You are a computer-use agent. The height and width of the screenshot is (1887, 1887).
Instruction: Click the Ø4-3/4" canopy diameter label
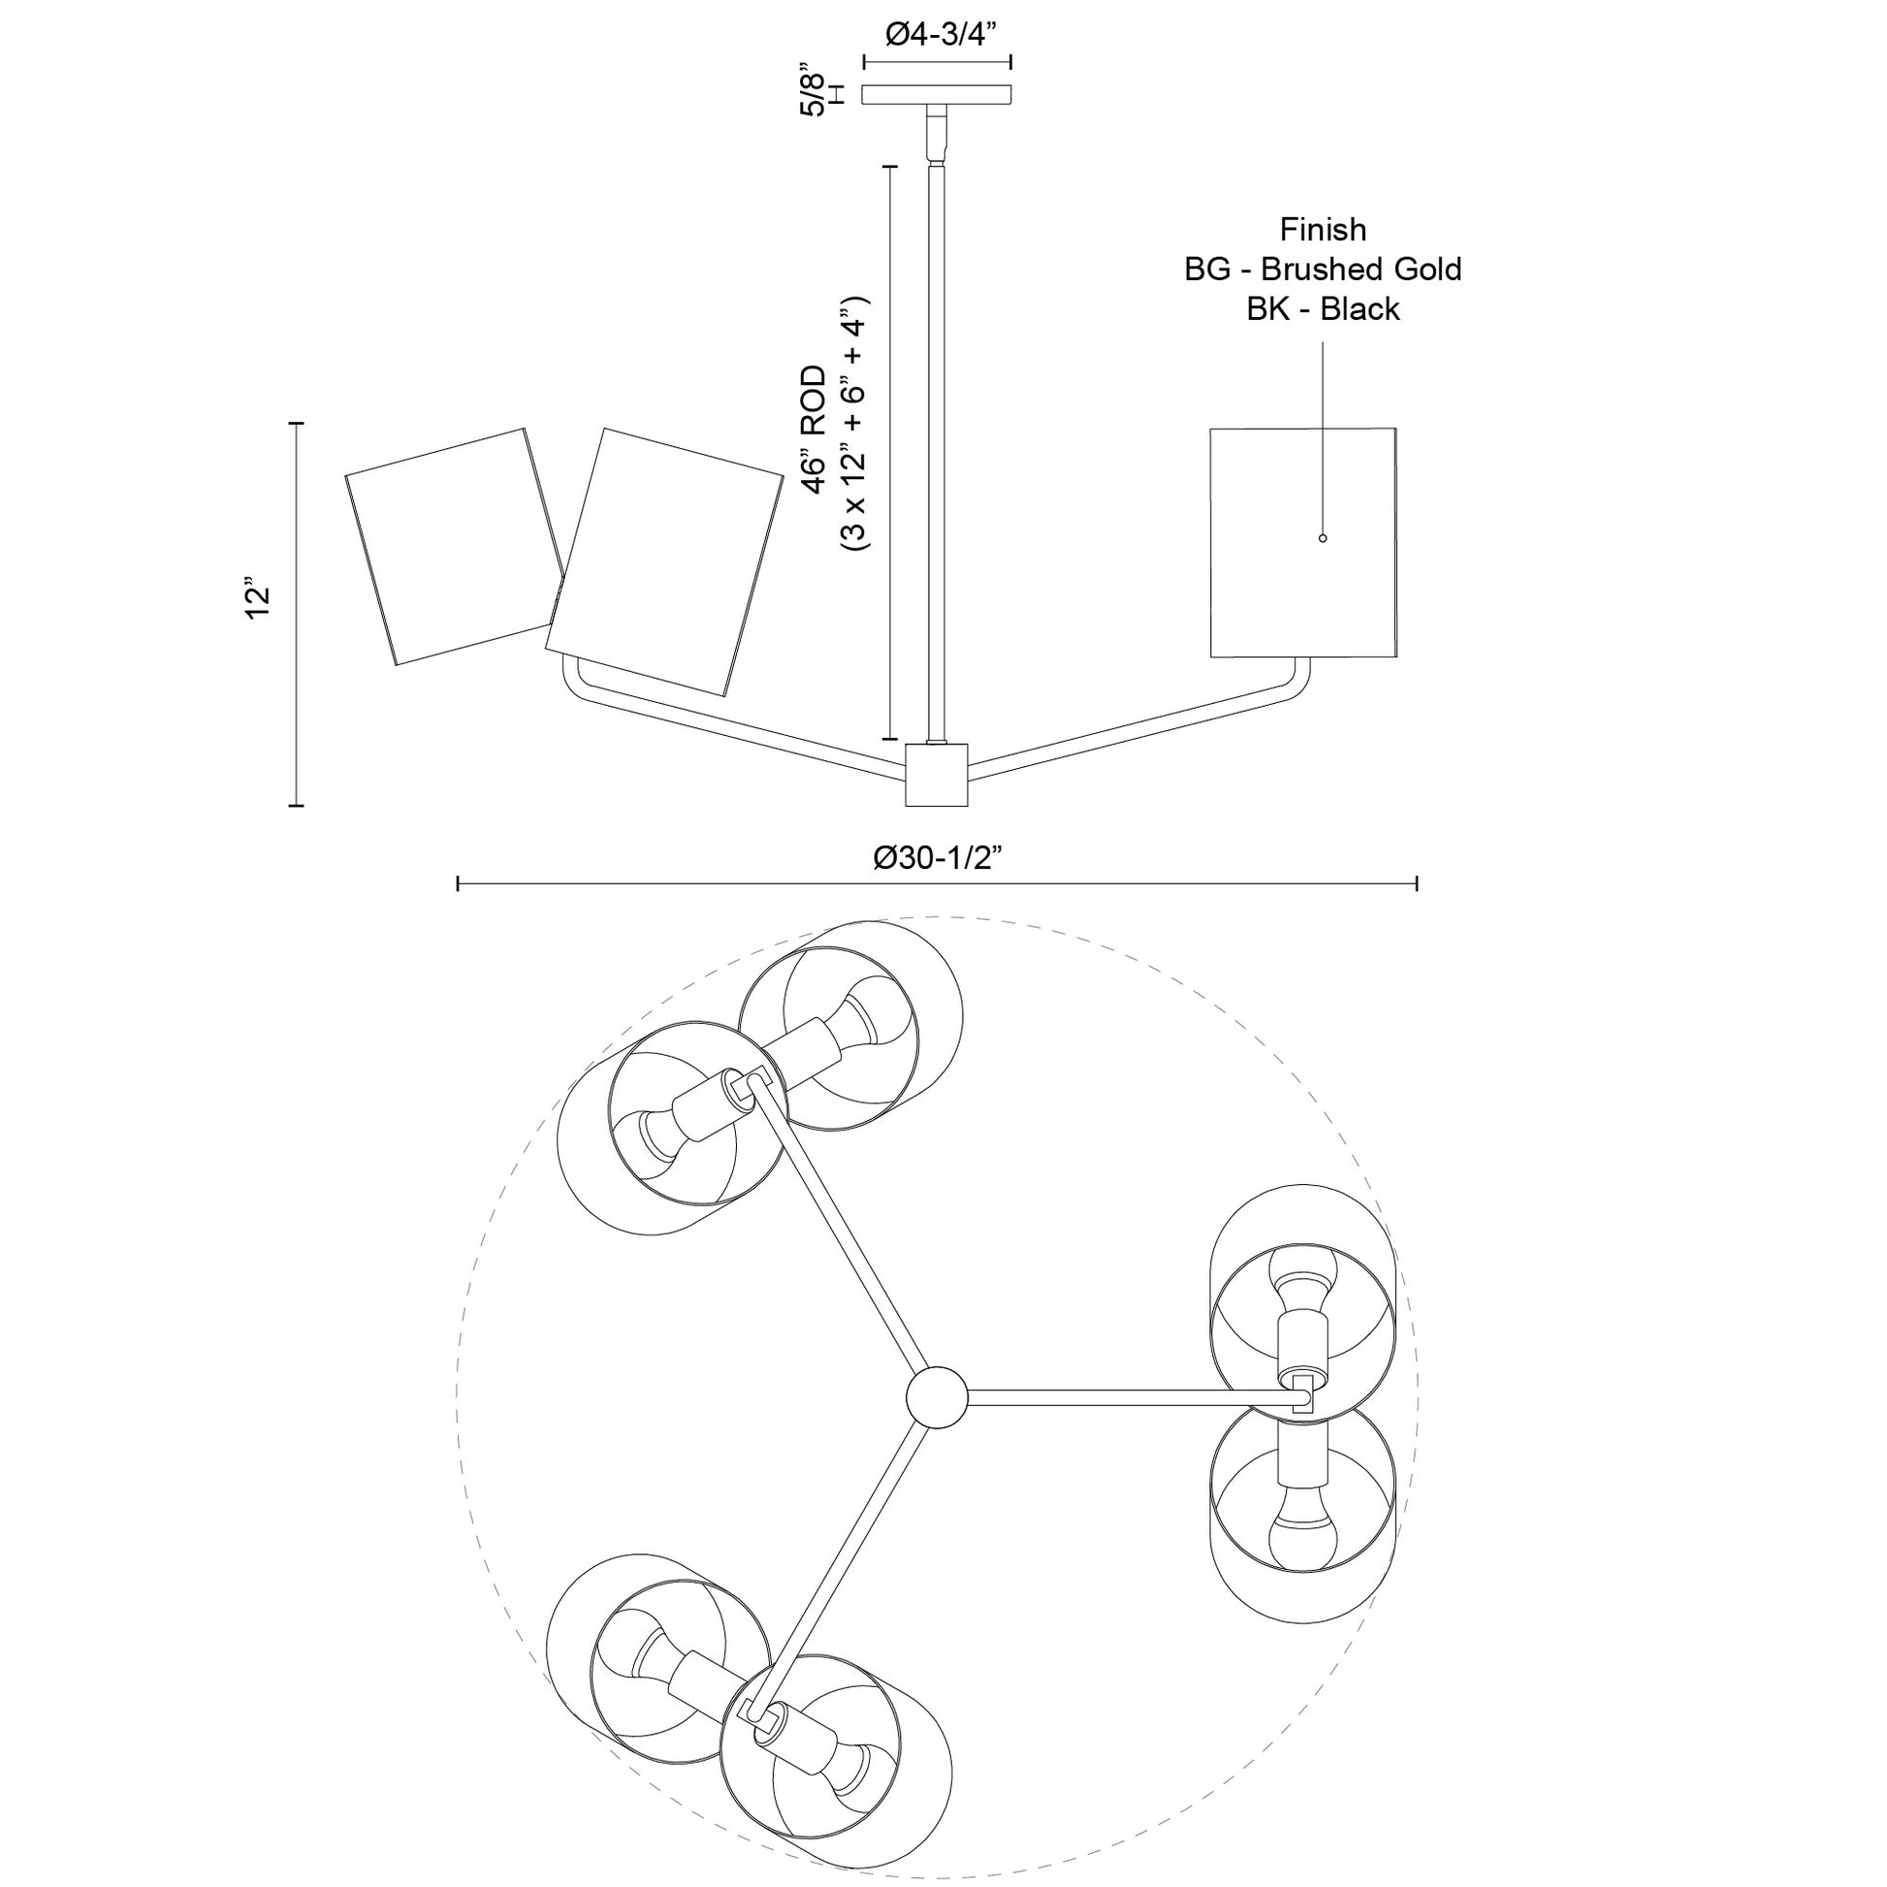[938, 36]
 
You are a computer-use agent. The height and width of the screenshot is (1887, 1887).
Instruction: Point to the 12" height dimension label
[257, 601]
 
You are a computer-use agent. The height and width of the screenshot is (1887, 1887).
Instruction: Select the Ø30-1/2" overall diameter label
[938, 858]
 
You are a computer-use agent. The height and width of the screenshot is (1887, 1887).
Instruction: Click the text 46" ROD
[813, 431]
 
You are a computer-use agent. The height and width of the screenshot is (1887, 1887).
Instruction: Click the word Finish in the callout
[1323, 230]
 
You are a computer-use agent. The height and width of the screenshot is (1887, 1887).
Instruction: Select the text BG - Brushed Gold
[1323, 270]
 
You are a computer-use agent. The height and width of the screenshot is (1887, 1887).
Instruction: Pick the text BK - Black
[1323, 309]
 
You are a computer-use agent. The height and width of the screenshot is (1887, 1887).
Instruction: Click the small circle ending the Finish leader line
[1323, 538]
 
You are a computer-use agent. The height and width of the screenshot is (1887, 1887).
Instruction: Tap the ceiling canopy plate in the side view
[937, 95]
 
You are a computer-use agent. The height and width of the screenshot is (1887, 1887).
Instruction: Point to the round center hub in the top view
[937, 1396]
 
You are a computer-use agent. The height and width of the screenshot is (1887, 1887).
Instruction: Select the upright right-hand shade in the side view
[1302, 542]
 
